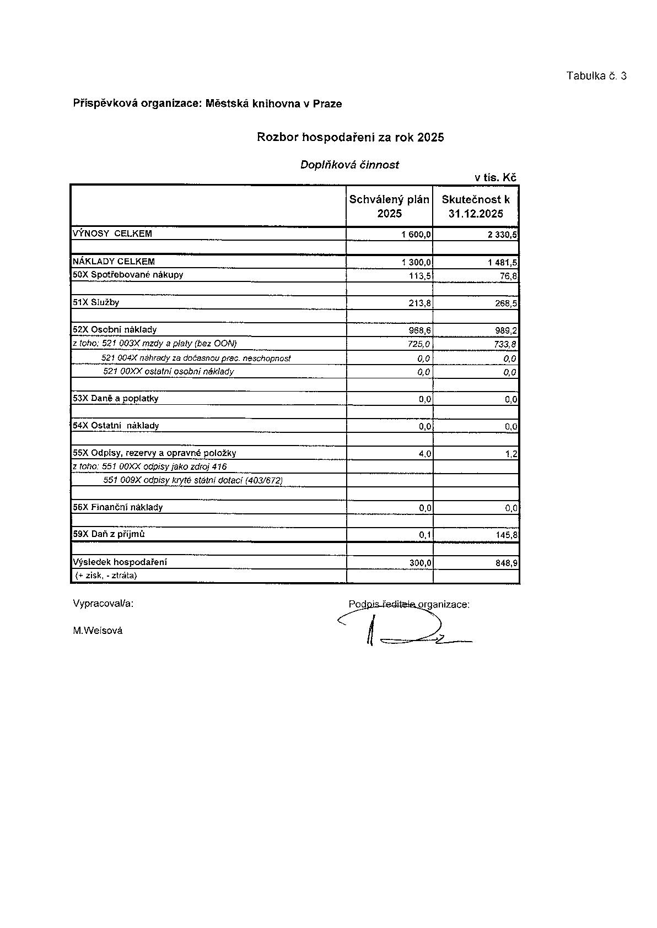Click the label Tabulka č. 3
coord(596,76)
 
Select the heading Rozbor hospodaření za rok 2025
coord(350,137)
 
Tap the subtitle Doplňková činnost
coord(349,165)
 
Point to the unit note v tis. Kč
coord(495,177)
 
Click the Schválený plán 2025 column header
coord(389,206)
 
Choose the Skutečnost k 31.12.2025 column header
coord(476,206)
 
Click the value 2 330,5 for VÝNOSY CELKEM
coord(502,235)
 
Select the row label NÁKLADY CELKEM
coord(114,262)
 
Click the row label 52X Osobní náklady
coord(115,329)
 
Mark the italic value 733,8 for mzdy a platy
coord(505,344)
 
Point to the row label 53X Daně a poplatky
coord(116,398)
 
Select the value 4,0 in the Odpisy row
coord(425,454)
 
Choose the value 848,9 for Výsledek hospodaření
coord(506,563)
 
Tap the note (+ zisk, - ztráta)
coord(106,576)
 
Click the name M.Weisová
coord(98,631)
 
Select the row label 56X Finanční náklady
coord(118,507)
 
